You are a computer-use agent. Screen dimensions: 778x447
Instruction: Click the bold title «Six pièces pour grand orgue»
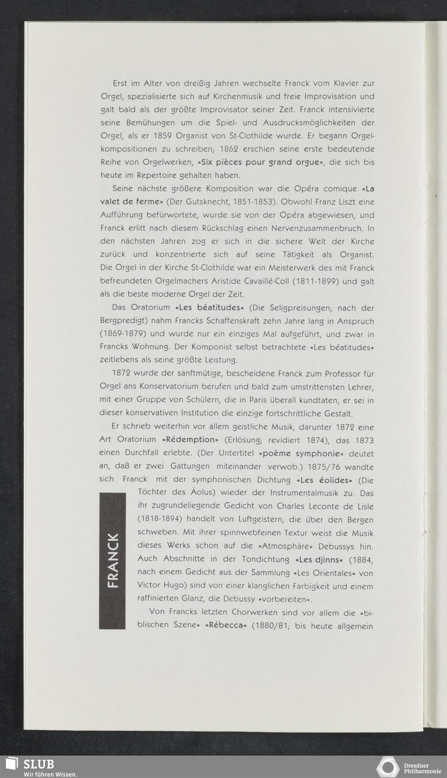pyautogui.click(x=260, y=162)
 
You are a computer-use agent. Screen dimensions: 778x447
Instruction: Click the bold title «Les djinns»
pyautogui.click(x=319, y=559)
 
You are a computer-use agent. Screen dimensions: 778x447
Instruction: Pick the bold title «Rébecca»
pyautogui.click(x=226, y=626)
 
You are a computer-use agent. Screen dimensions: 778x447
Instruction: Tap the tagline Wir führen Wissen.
pyautogui.click(x=50, y=774)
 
